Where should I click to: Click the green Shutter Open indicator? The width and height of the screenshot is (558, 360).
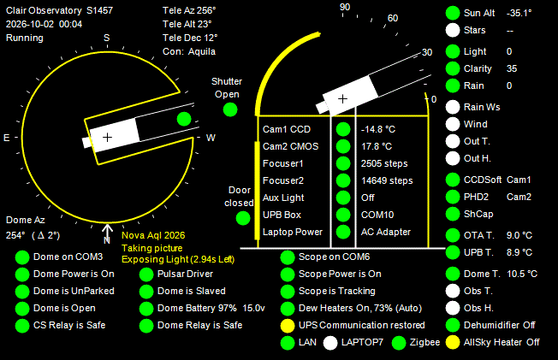click(x=230, y=109)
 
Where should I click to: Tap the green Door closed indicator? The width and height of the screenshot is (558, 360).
click(x=243, y=218)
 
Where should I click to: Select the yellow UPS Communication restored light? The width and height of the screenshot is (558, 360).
click(x=288, y=326)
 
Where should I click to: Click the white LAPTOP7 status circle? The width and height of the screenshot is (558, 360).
click(x=330, y=343)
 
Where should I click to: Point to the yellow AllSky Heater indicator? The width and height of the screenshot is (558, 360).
click(x=453, y=343)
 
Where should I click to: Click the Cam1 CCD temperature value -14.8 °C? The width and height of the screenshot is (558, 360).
click(x=378, y=129)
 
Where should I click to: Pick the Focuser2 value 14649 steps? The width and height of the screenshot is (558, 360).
click(x=387, y=180)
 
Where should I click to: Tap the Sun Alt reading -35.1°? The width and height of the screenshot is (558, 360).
click(x=519, y=13)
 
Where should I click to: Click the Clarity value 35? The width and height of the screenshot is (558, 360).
click(x=512, y=68)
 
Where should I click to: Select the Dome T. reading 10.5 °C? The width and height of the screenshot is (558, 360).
click(x=522, y=274)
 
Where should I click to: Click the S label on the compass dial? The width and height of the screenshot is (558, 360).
click(x=107, y=38)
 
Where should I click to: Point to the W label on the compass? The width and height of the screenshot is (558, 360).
click(x=211, y=138)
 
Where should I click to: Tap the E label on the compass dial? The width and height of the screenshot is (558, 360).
click(x=6, y=138)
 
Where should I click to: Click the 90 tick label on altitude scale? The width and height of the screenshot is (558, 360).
click(x=345, y=7)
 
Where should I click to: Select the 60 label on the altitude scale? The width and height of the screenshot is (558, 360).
click(x=393, y=18)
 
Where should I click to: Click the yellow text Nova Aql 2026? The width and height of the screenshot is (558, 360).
click(x=153, y=235)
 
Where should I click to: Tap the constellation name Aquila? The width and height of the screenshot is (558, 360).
click(x=202, y=51)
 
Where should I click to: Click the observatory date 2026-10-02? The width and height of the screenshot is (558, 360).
click(x=30, y=24)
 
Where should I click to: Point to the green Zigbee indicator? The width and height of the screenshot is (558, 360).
click(x=399, y=343)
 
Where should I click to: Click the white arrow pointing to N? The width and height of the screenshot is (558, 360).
click(x=107, y=229)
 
